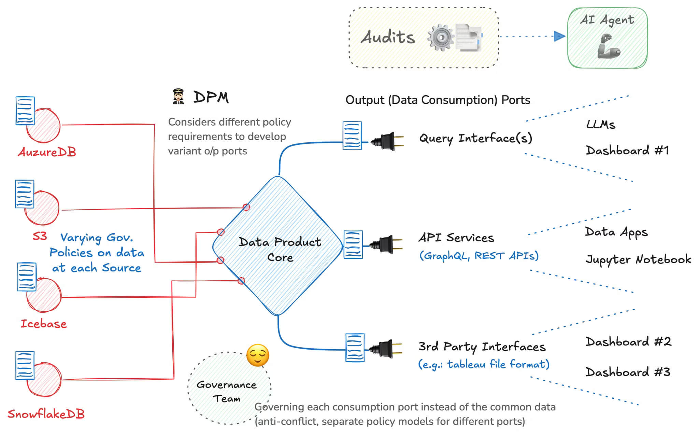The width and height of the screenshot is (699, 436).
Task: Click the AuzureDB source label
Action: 47,152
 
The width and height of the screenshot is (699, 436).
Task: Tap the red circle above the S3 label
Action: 43,208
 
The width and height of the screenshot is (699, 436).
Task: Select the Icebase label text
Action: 44,324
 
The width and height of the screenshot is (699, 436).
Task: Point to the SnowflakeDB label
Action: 46,414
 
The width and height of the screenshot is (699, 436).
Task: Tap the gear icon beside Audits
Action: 441,37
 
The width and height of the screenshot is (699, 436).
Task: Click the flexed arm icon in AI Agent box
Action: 608,46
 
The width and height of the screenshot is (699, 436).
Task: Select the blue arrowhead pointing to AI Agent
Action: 559,36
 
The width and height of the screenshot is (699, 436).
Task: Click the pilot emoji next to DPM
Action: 178,97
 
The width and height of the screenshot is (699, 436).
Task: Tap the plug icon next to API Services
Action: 387,244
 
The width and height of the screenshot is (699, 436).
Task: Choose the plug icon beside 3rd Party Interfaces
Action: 386,349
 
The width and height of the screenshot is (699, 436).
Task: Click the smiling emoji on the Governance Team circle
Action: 258,355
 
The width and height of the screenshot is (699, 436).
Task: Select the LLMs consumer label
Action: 601,125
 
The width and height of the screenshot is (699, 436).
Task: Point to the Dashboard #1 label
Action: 627,151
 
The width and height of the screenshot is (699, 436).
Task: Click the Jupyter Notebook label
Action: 638,259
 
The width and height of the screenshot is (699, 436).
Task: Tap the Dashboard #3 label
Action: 628,372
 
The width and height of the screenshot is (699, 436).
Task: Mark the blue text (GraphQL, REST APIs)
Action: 479,256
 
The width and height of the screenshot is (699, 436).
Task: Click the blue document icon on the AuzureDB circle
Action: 25,111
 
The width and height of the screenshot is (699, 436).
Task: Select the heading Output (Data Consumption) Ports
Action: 438,100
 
